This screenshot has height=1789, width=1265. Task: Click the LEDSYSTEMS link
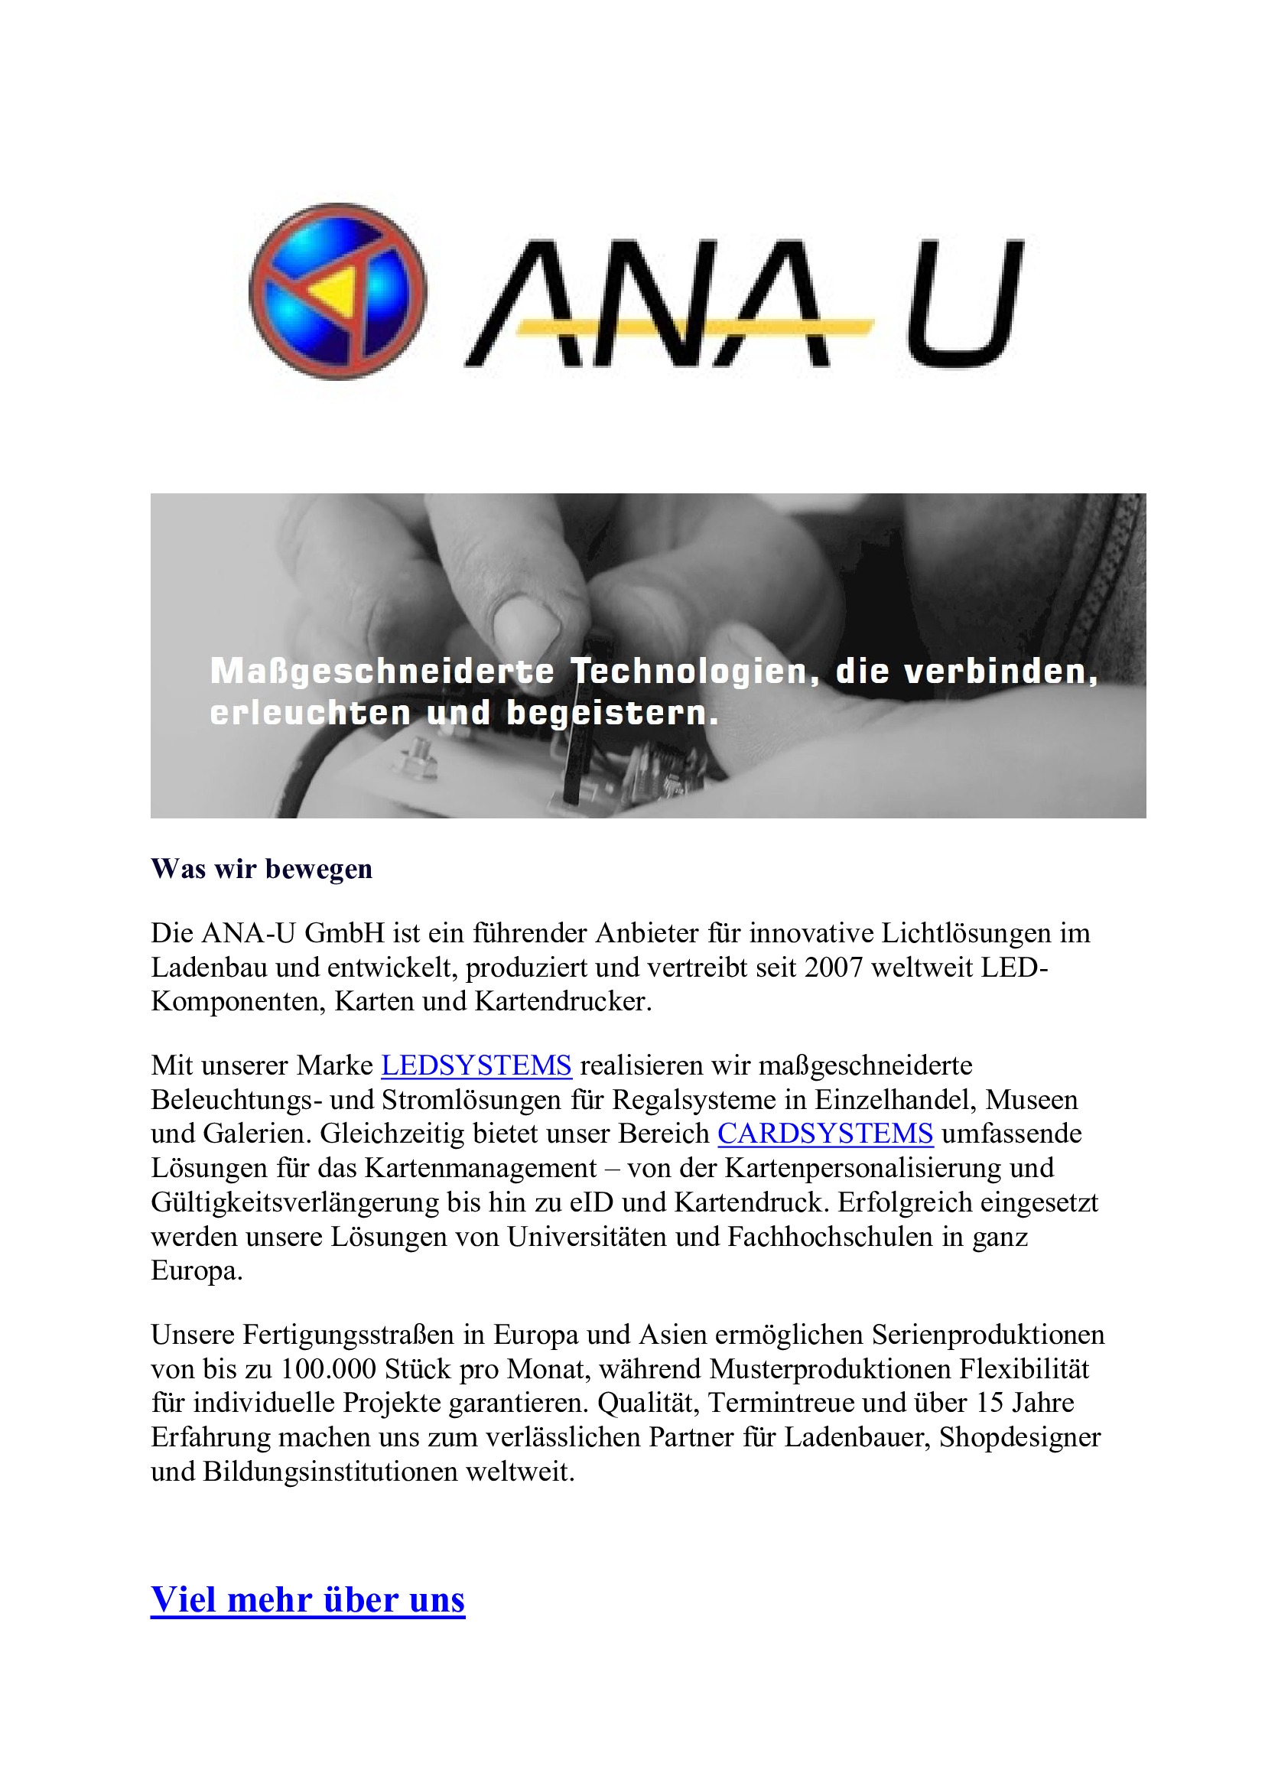pos(476,1065)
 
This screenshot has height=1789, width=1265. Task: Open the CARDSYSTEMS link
pos(825,1133)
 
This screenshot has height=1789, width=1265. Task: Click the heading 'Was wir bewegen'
pos(262,869)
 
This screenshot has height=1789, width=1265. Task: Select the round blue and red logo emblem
pos(338,292)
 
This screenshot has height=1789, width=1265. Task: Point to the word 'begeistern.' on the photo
pos(613,713)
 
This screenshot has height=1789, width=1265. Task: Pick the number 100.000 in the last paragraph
pos(328,1368)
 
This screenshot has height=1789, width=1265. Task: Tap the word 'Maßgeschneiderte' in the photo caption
pos(382,672)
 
